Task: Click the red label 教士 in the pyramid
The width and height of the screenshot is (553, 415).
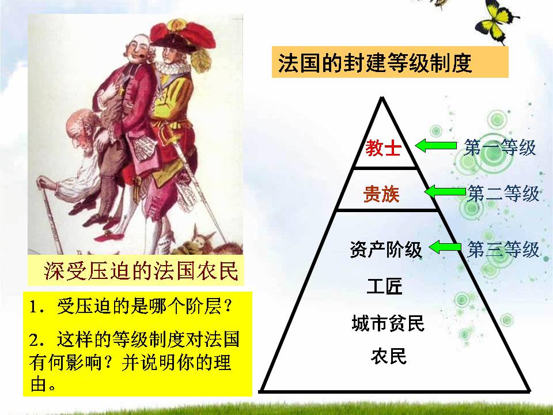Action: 382,149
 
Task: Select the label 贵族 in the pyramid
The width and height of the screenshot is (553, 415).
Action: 381,195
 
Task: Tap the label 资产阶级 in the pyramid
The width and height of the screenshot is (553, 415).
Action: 385,250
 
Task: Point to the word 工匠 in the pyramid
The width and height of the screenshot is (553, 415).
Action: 384,286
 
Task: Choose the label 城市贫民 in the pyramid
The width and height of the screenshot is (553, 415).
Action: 388,323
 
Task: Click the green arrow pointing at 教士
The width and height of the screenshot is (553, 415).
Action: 435,146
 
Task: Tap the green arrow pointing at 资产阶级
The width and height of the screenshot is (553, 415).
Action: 446,248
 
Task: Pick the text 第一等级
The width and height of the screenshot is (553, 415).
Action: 500,148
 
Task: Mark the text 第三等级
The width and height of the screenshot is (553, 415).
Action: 503,250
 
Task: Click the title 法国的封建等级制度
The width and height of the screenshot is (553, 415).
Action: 375,62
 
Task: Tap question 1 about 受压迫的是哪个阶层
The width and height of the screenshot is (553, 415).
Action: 133,306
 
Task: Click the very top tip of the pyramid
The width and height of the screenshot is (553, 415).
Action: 380,97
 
